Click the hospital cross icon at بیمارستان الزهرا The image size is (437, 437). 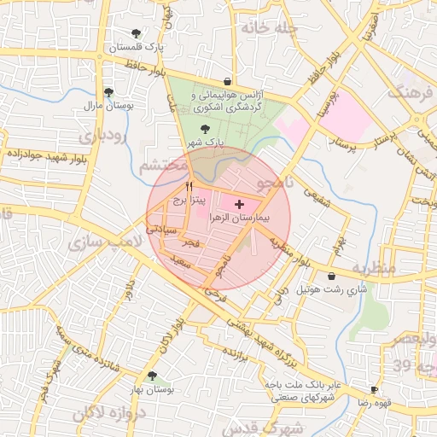[238, 205]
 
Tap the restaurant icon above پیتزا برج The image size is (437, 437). [189, 186]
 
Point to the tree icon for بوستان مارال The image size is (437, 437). [108, 92]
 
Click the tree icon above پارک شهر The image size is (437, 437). [203, 129]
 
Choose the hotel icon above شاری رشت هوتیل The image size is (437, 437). [331, 276]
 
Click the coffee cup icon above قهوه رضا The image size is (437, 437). [374, 388]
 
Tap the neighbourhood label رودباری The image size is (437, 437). [102, 136]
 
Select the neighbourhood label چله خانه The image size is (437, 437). [248, 27]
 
